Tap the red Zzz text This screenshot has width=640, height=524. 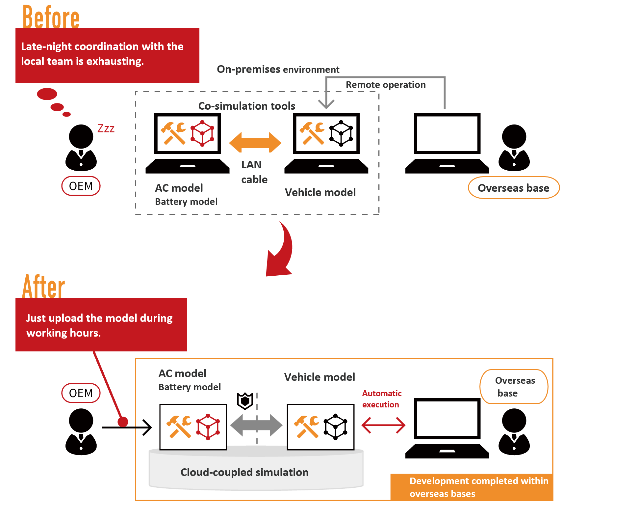pyautogui.click(x=106, y=128)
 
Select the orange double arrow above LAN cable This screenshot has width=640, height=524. pyautogui.click(x=255, y=142)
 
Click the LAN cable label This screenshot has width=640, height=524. pyautogui.click(x=254, y=172)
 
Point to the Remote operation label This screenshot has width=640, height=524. pyautogui.click(x=386, y=85)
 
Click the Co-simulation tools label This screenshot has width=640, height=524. pyautogui.click(x=246, y=106)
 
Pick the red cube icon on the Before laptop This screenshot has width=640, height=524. pyautogui.click(x=202, y=133)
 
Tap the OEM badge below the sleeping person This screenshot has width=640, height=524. pyautogui.click(x=81, y=186)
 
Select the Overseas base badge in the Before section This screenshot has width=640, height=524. pyautogui.click(x=514, y=188)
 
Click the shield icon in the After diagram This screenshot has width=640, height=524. pyautogui.click(x=245, y=401)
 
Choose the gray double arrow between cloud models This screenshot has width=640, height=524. pyautogui.click(x=256, y=425)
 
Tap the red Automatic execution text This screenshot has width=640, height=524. pyautogui.click(x=382, y=399)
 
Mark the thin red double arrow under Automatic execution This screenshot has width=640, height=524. pyautogui.click(x=383, y=425)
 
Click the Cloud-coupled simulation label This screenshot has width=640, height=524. pyautogui.click(x=244, y=472)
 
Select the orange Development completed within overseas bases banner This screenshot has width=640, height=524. pyautogui.click(x=472, y=487)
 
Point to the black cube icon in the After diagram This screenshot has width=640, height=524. pyautogui.click(x=335, y=427)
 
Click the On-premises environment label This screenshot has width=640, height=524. pyautogui.click(x=278, y=69)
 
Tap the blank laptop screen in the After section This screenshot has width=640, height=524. pyautogui.click(x=447, y=418)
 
